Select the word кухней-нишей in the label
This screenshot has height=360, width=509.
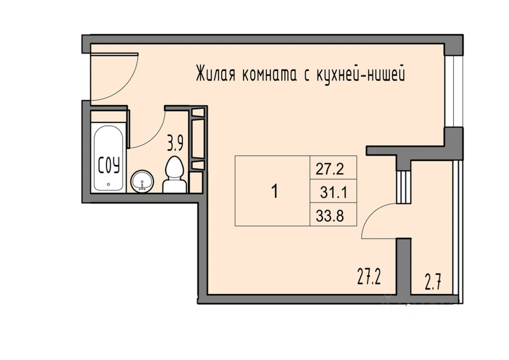pos(361,74)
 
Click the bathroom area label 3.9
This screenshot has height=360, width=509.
pos(175,143)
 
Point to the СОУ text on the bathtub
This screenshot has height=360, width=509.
pos(109,165)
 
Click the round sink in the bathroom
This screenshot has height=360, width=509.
pos(142,181)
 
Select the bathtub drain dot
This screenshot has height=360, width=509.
pos(109,185)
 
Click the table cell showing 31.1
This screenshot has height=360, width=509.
pos(333,193)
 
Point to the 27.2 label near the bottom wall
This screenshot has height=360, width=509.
pos(369,276)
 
